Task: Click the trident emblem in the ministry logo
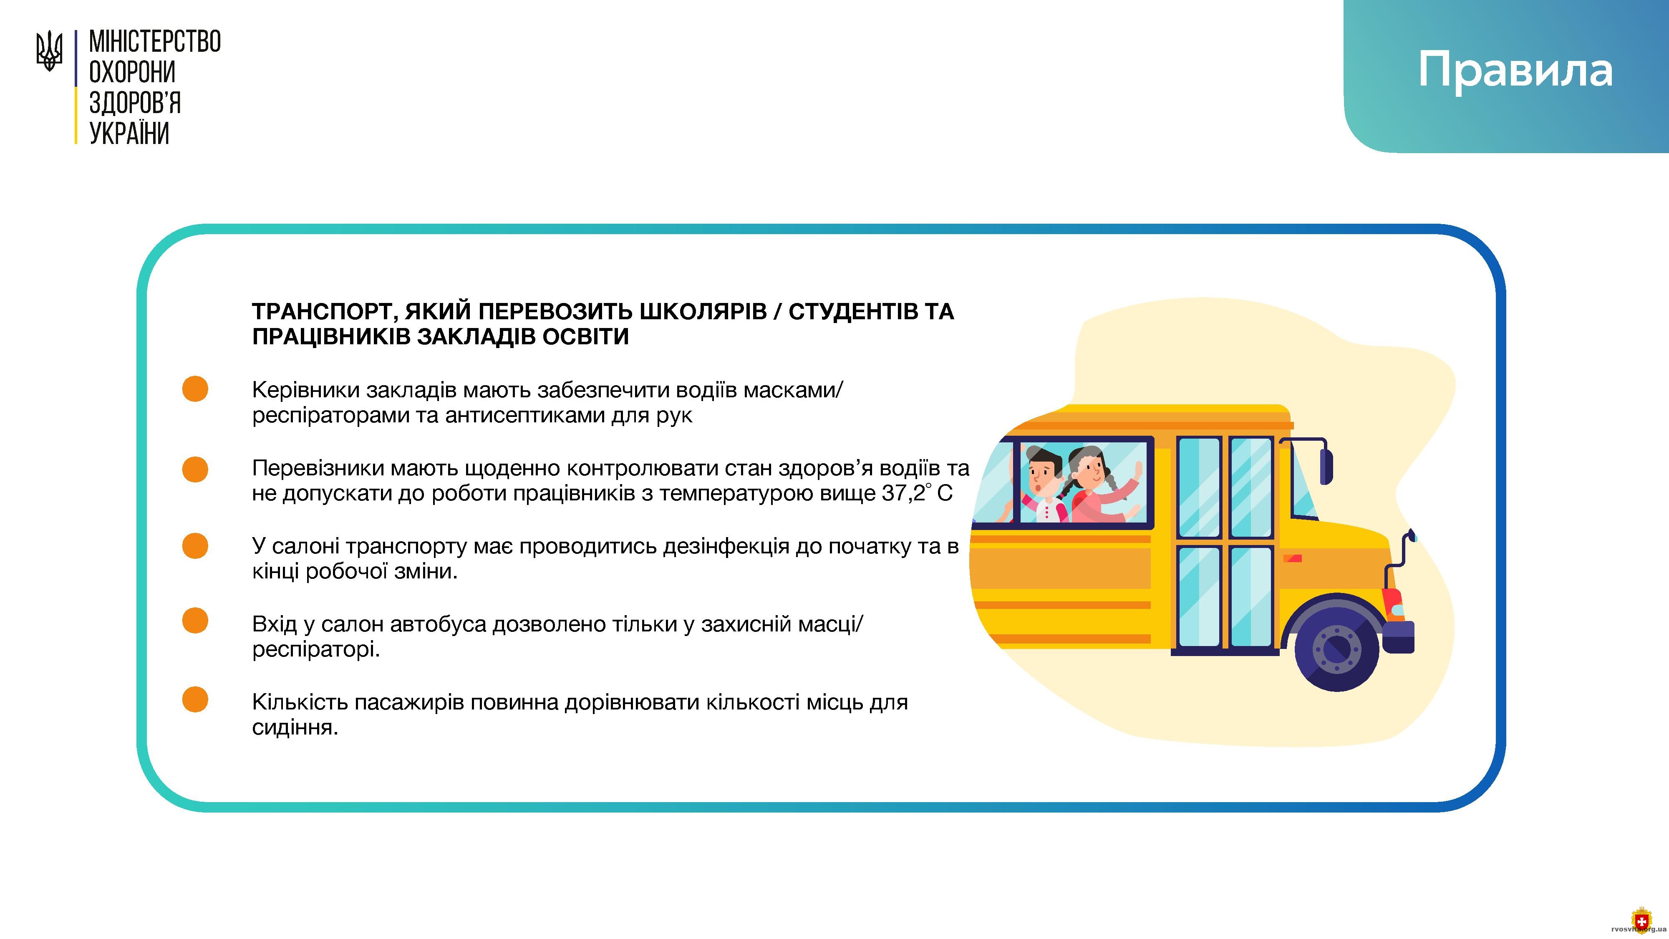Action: pos(49,51)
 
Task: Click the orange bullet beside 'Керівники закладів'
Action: pos(195,389)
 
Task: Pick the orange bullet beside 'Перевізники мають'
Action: pos(195,469)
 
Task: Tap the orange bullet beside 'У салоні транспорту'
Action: pos(195,545)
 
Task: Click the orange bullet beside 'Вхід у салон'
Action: pos(195,620)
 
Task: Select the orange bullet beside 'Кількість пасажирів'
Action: pos(195,699)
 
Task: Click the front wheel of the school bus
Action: pos(1336,646)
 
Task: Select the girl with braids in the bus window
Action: pos(1102,484)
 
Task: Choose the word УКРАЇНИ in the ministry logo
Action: pos(129,133)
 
